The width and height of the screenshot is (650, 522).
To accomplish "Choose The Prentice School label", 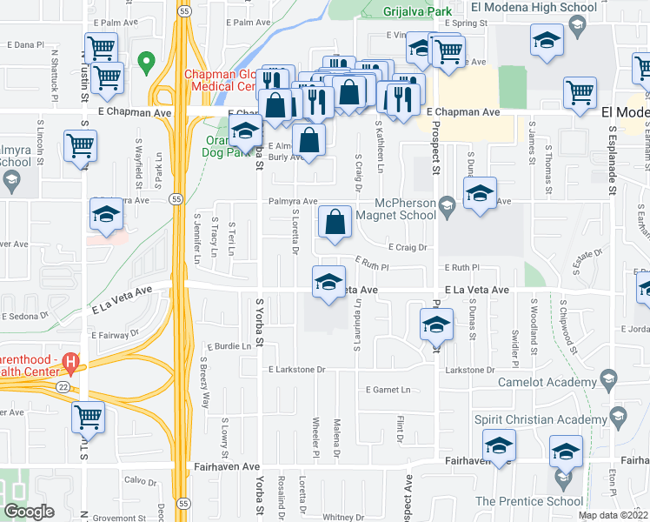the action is [529, 500].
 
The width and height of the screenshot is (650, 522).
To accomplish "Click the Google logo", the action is [29, 512].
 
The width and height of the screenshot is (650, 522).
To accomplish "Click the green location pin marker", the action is [146, 63].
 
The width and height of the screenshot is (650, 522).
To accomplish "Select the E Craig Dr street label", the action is [409, 247].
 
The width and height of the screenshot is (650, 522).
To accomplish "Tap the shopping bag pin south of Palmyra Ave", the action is [335, 223].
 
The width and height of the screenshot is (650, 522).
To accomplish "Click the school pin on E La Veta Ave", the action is [328, 282].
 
